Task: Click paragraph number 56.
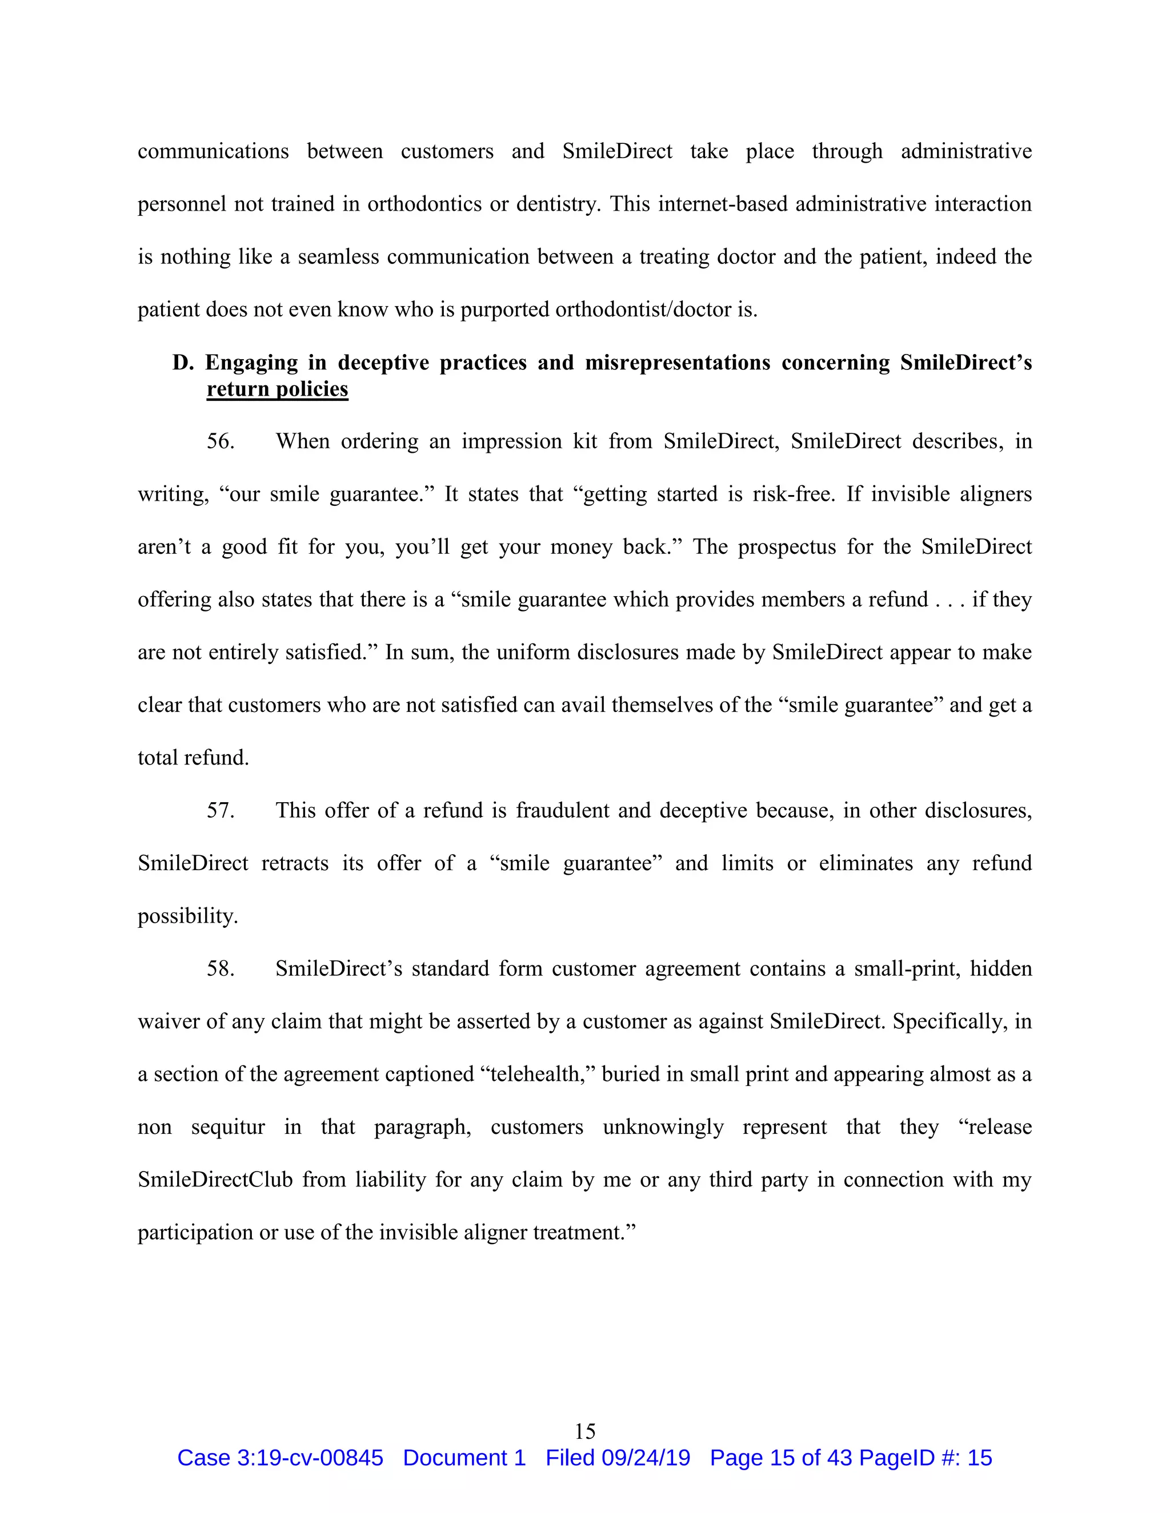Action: [x=221, y=442]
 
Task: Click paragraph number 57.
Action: [x=221, y=811]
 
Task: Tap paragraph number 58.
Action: [x=221, y=968]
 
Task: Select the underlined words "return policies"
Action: [x=277, y=389]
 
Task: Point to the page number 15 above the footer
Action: [x=585, y=1431]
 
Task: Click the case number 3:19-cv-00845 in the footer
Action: [x=310, y=1458]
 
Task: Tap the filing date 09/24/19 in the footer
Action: [x=646, y=1458]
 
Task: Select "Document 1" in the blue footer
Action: [x=464, y=1458]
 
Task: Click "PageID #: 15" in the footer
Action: [x=925, y=1458]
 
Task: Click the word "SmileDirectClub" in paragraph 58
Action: [x=215, y=1180]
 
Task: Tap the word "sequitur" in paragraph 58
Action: [x=228, y=1127]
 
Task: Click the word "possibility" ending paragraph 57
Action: [x=187, y=916]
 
